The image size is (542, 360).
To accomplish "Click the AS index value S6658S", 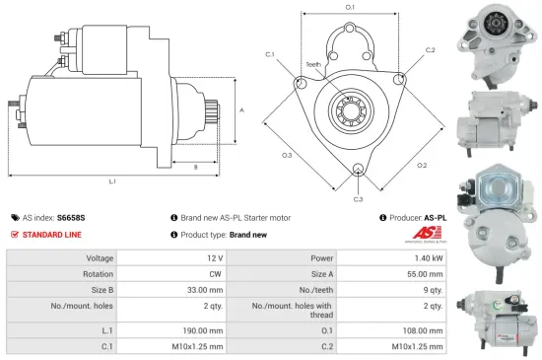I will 71,217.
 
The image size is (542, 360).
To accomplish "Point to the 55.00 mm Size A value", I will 425,275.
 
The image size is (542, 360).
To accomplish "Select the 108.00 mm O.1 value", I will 424,328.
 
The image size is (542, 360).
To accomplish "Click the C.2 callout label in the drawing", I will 430,49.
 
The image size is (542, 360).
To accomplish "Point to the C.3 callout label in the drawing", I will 358,199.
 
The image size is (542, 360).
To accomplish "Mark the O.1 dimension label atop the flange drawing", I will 350,8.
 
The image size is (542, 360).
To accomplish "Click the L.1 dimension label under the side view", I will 112,181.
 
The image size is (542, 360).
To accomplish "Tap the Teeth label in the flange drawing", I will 312,65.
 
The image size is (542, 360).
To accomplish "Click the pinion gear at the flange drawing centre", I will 350,104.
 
